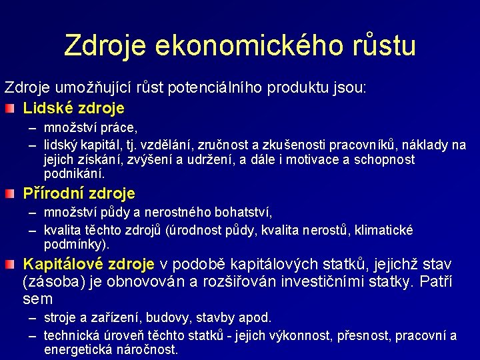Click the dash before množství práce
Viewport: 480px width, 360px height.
point(33,127)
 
